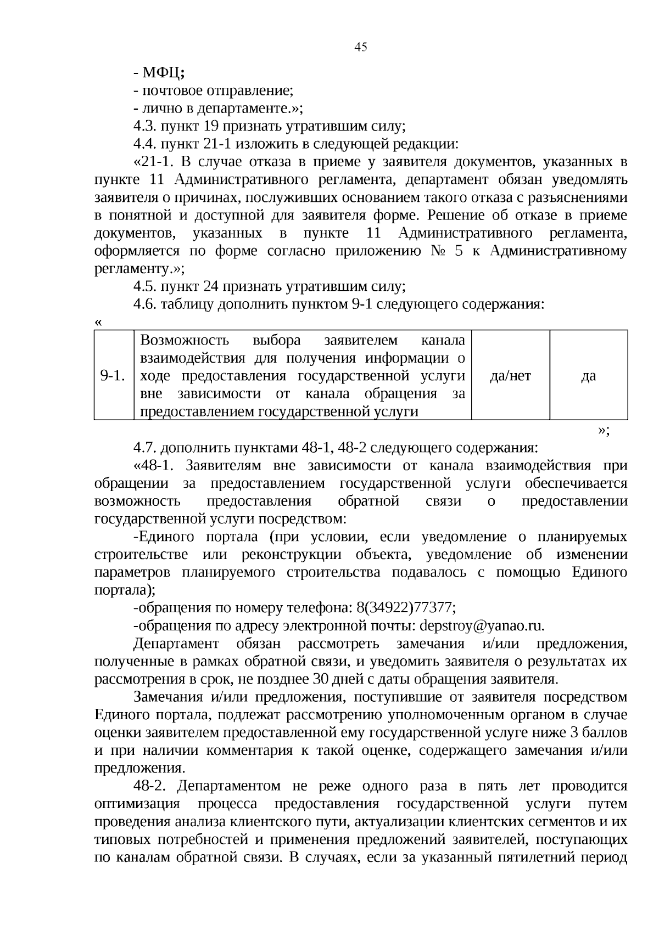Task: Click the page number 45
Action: [360, 47]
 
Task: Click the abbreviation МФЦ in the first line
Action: [161, 73]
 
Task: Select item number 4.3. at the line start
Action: [146, 127]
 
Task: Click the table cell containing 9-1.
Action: [113, 376]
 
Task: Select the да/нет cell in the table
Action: [510, 376]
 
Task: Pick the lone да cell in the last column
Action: [588, 376]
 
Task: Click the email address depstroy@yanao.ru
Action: [482, 626]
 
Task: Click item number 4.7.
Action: [146, 448]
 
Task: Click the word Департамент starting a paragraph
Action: [176, 644]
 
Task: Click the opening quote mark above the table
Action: [98, 323]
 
